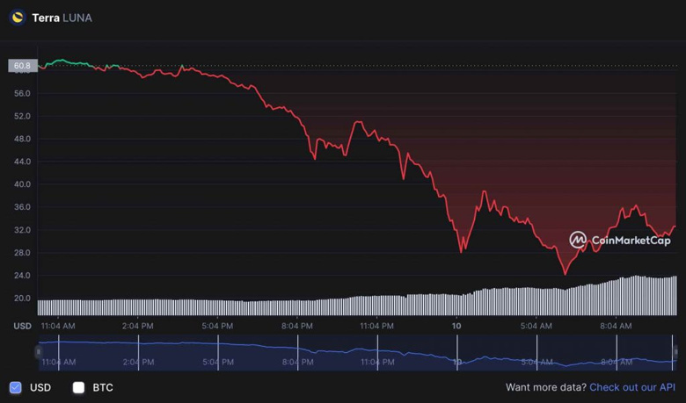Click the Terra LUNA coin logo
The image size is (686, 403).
coord(18,18)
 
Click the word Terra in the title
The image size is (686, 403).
coord(46,18)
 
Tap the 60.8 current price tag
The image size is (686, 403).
coord(20,66)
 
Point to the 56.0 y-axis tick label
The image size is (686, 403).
coord(22,93)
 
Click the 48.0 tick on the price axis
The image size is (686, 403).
coord(22,139)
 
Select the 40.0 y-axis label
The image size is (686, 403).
coord(22,184)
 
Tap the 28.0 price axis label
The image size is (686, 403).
coord(22,253)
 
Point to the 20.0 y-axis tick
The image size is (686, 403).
coord(22,299)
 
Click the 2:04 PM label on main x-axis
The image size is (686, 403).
coord(138,326)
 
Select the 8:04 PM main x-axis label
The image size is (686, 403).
coord(297,326)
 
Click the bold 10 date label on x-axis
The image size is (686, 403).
coord(456,326)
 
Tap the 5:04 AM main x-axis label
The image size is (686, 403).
coord(536,326)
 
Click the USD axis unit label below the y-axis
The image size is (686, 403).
coord(21,326)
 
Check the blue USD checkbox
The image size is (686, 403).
coord(16,387)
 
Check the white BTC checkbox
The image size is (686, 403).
coord(78,387)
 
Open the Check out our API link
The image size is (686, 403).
coord(631,387)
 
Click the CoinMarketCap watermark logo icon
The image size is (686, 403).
coord(578,240)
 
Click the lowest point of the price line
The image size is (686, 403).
coord(565,274)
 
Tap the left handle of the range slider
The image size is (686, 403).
coord(38,352)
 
